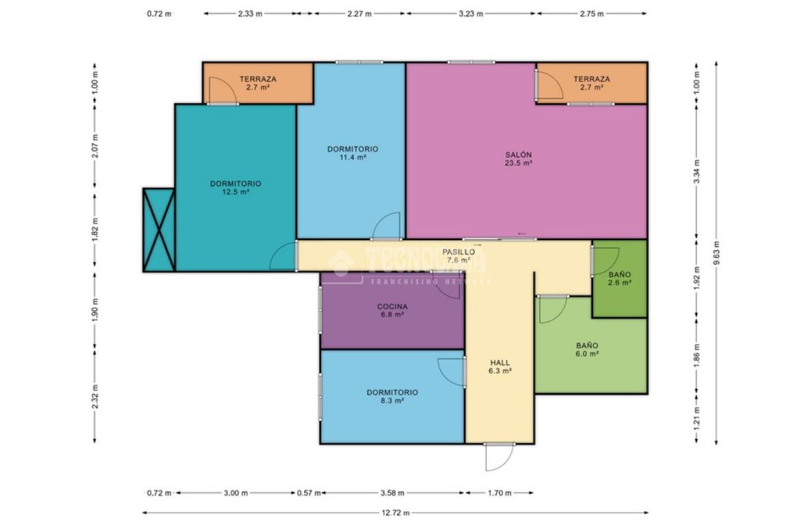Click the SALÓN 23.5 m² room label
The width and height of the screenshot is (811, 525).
tap(519, 159)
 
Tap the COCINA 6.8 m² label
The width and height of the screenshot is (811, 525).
tap(392, 310)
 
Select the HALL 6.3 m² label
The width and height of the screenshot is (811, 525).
tap(499, 366)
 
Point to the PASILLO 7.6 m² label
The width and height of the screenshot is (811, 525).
tap(458, 256)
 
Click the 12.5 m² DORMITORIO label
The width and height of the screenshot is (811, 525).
tap(235, 187)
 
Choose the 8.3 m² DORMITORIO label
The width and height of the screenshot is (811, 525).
tap(392, 396)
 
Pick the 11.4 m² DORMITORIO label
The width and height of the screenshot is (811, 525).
tap(353, 153)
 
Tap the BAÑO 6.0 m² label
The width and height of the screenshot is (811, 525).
tap(587, 349)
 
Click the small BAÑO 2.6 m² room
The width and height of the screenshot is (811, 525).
tap(619, 278)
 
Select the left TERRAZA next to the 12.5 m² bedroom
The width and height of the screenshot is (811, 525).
tap(258, 83)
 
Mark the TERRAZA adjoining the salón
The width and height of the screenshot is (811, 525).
tap(591, 83)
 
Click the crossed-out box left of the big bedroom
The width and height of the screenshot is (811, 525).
tap(159, 230)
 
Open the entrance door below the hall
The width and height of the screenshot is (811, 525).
tap(499, 457)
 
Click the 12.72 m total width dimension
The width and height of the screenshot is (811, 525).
tap(396, 513)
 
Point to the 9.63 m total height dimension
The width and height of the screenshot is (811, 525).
tap(716, 252)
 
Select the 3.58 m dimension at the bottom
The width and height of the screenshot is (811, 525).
tap(393, 493)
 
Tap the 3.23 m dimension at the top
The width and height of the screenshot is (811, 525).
tap(471, 14)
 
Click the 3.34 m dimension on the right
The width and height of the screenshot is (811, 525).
tap(697, 170)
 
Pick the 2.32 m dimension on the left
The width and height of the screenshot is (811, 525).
tap(95, 396)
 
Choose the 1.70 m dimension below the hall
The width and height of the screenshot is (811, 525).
tap(499, 493)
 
